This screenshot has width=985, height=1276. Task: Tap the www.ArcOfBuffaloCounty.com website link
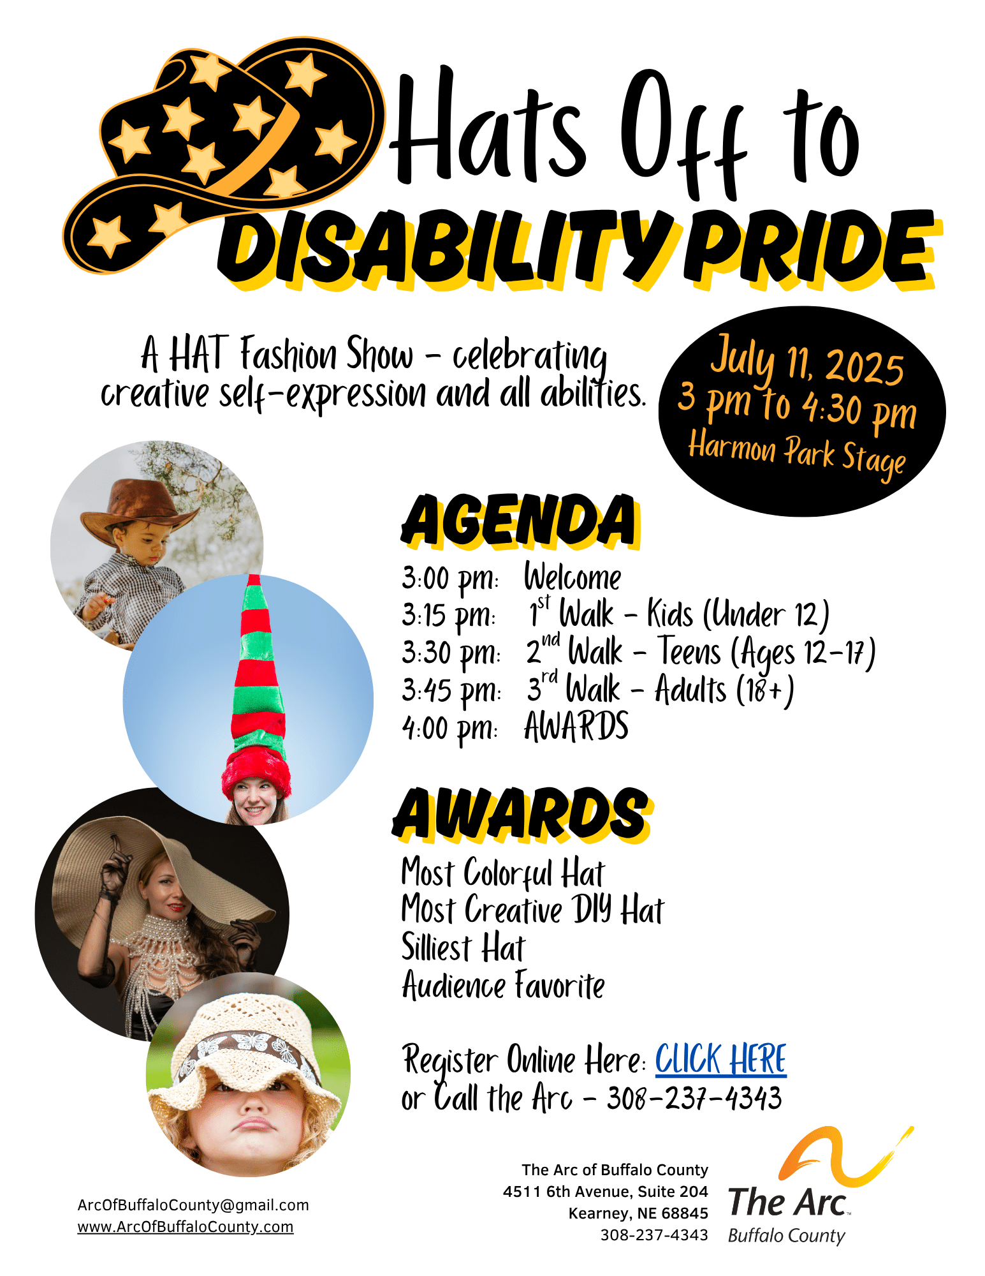tap(186, 1227)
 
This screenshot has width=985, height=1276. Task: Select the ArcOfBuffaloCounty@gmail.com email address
tap(193, 1205)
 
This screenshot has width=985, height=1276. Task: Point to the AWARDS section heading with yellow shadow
tap(522, 814)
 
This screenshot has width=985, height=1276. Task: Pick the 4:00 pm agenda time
tap(449, 728)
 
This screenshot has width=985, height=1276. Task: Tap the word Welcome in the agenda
tap(573, 577)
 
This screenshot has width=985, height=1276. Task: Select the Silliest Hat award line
tap(463, 947)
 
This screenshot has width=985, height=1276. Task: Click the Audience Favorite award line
tap(504, 984)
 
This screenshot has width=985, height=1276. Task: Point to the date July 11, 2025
tap(808, 361)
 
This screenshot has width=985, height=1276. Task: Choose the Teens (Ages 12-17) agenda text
tap(767, 652)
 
